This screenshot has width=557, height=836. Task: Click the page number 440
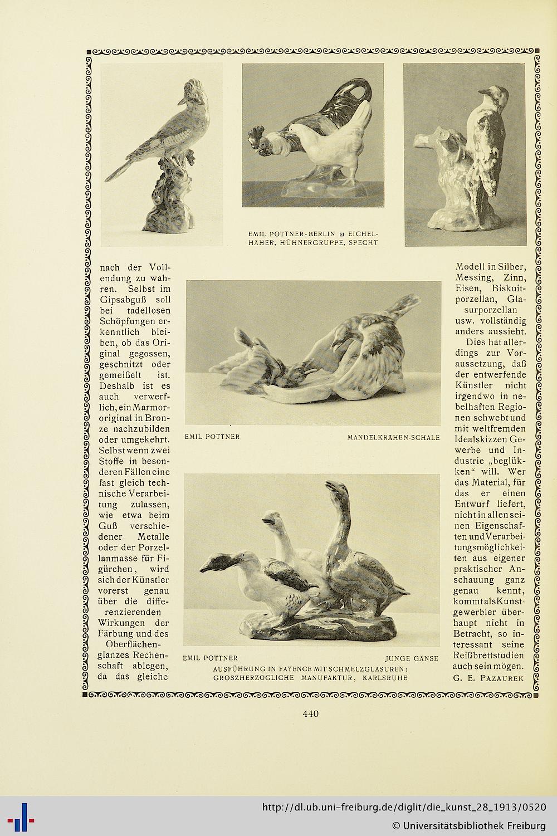pyautogui.click(x=310, y=713)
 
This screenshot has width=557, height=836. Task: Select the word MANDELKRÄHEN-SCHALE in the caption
pyautogui.click(x=393, y=437)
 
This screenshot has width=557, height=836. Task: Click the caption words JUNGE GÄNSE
pyautogui.click(x=412, y=658)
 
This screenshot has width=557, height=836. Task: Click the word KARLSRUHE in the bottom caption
pyautogui.click(x=385, y=678)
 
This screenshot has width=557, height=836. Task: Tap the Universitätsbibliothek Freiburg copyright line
pyautogui.click(x=468, y=825)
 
